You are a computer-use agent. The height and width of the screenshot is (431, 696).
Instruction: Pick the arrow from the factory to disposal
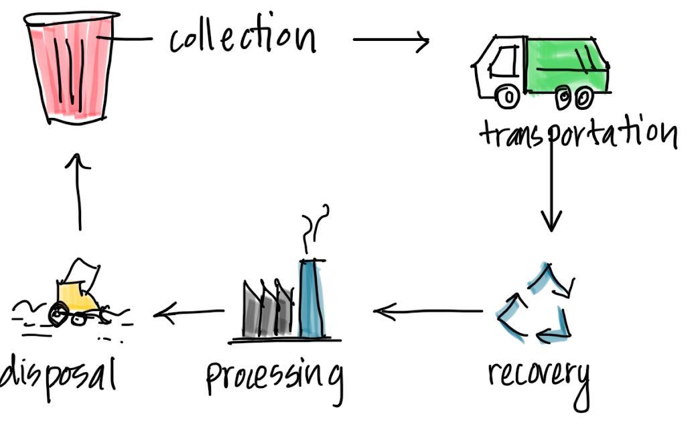189,312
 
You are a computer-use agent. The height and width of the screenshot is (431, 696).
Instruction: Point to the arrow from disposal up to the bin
80,192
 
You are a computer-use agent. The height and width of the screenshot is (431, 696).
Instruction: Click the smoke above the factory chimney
316,224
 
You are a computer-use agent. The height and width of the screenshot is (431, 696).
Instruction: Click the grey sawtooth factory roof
267,309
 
